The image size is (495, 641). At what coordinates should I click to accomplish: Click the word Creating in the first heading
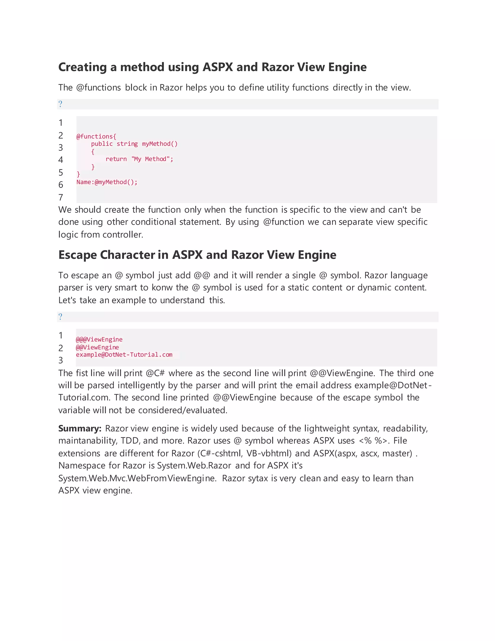[82, 67]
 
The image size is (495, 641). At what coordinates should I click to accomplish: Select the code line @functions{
[96, 136]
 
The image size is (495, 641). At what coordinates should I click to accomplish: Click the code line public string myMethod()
[134, 144]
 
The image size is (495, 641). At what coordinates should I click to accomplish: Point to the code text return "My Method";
[139, 159]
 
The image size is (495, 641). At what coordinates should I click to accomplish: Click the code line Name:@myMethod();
[107, 182]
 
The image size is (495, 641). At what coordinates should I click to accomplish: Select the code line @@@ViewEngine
[99, 340]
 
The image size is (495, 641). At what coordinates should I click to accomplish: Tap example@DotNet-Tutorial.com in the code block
[124, 355]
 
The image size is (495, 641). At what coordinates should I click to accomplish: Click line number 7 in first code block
[61, 197]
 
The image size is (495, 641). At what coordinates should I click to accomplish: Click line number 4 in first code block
[61, 160]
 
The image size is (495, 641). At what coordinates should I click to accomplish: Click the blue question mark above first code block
[60, 104]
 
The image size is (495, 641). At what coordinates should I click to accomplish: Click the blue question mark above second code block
[60, 317]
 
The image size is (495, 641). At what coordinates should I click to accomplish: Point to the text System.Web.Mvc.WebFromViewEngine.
[137, 478]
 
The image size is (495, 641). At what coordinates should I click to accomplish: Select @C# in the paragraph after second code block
[155, 373]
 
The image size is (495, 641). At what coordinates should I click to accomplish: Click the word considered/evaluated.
[183, 410]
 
